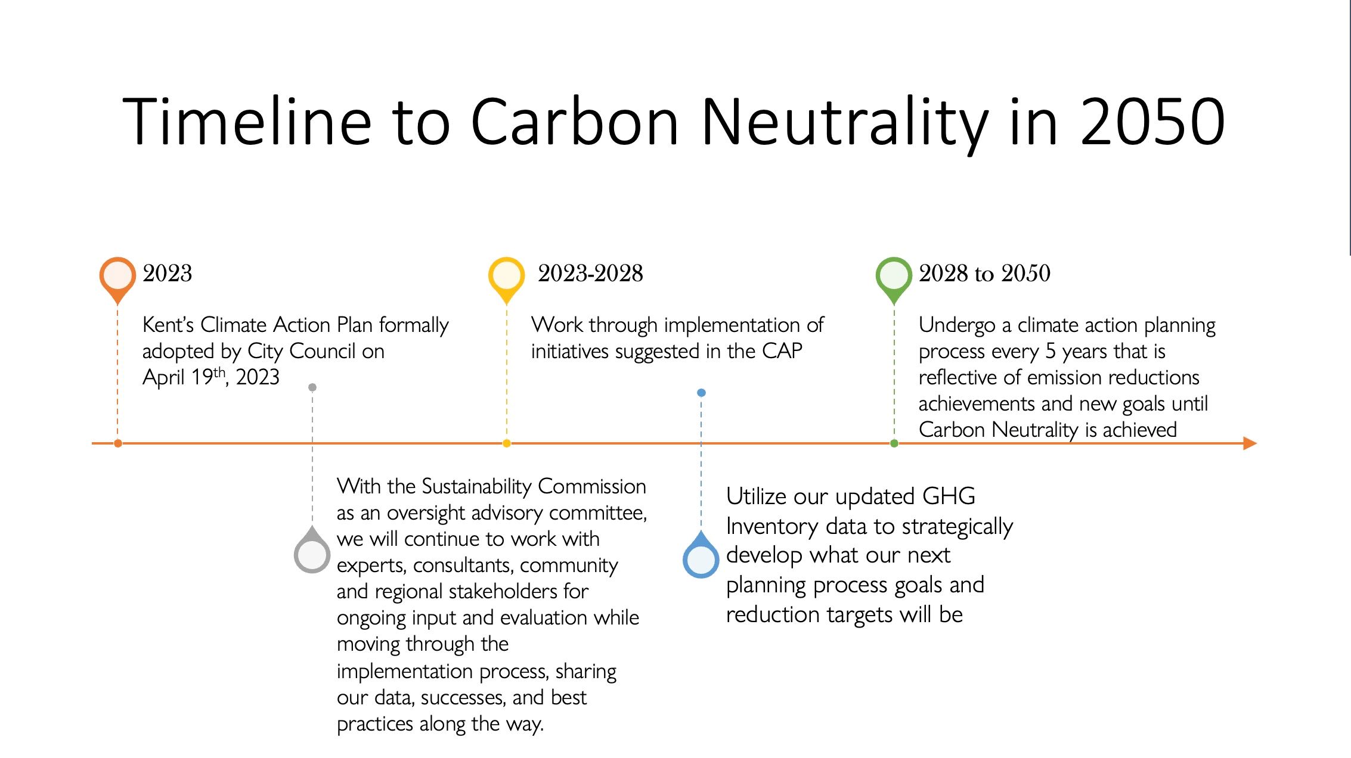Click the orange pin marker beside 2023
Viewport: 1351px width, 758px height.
pyautogui.click(x=117, y=280)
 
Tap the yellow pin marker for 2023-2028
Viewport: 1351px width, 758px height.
pyautogui.click(x=506, y=280)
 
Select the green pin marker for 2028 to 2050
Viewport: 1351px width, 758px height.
pyautogui.click(x=894, y=280)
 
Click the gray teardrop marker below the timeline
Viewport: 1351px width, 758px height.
pyautogui.click(x=312, y=551)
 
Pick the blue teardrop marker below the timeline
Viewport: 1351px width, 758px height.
pyautogui.click(x=701, y=555)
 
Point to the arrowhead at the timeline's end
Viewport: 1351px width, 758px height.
pyautogui.click(x=1250, y=443)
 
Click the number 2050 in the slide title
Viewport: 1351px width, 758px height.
pyautogui.click(x=1152, y=122)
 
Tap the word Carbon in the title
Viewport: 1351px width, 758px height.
pyautogui.click(x=575, y=122)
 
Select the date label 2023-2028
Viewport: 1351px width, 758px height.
pyautogui.click(x=590, y=274)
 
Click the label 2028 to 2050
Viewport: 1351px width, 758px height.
pyautogui.click(x=984, y=274)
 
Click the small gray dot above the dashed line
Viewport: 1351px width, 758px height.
pyautogui.click(x=312, y=387)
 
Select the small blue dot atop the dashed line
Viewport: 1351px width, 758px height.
pyautogui.click(x=701, y=393)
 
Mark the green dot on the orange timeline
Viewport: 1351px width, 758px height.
pyautogui.click(x=894, y=443)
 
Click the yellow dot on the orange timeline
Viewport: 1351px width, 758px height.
pyautogui.click(x=507, y=443)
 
